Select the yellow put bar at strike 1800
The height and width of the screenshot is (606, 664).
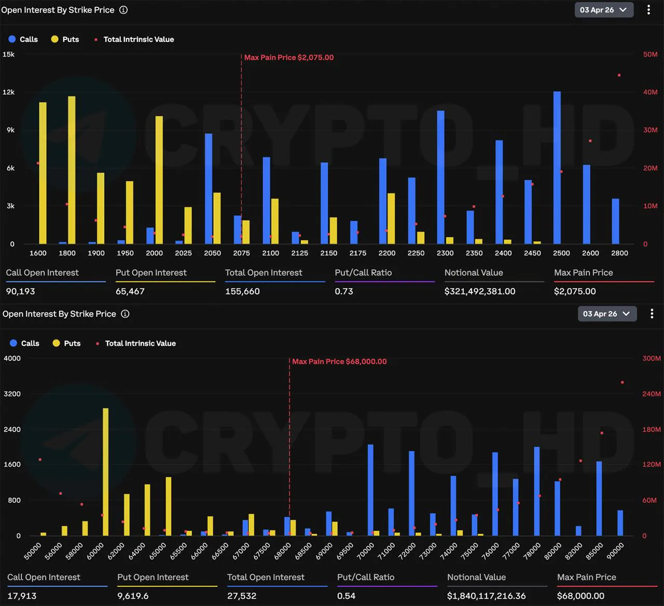pyautogui.click(x=72, y=170)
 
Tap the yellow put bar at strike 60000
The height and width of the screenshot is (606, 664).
pyautogui.click(x=106, y=472)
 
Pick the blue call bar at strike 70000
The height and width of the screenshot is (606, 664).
pyautogui.click(x=370, y=490)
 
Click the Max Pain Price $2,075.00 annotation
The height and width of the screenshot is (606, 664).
pyautogui.click(x=289, y=58)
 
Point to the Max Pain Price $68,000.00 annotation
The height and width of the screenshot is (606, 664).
pyautogui.click(x=339, y=361)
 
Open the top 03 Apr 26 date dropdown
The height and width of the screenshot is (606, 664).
pyautogui.click(x=604, y=10)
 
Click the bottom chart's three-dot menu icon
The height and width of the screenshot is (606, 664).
pyautogui.click(x=652, y=314)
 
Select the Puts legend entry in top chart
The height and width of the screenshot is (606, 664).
pyautogui.click(x=65, y=39)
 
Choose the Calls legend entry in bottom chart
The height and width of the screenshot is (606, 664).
pyautogui.click(x=24, y=343)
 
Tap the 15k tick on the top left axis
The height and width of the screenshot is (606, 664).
pyautogui.click(x=9, y=54)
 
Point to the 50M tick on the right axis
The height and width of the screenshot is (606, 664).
pyautogui.click(x=650, y=54)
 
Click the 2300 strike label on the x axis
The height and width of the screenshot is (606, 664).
pyautogui.click(x=445, y=253)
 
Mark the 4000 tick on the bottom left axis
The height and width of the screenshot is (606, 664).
pyautogui.click(x=12, y=358)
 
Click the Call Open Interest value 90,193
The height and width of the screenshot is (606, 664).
pyautogui.click(x=21, y=291)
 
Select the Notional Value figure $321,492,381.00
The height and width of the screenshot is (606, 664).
pyautogui.click(x=480, y=291)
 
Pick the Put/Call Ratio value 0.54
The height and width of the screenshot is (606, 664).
pyautogui.click(x=346, y=596)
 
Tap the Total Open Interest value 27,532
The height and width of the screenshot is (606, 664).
pyautogui.click(x=242, y=596)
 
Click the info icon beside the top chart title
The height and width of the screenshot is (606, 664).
pyautogui.click(x=123, y=10)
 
